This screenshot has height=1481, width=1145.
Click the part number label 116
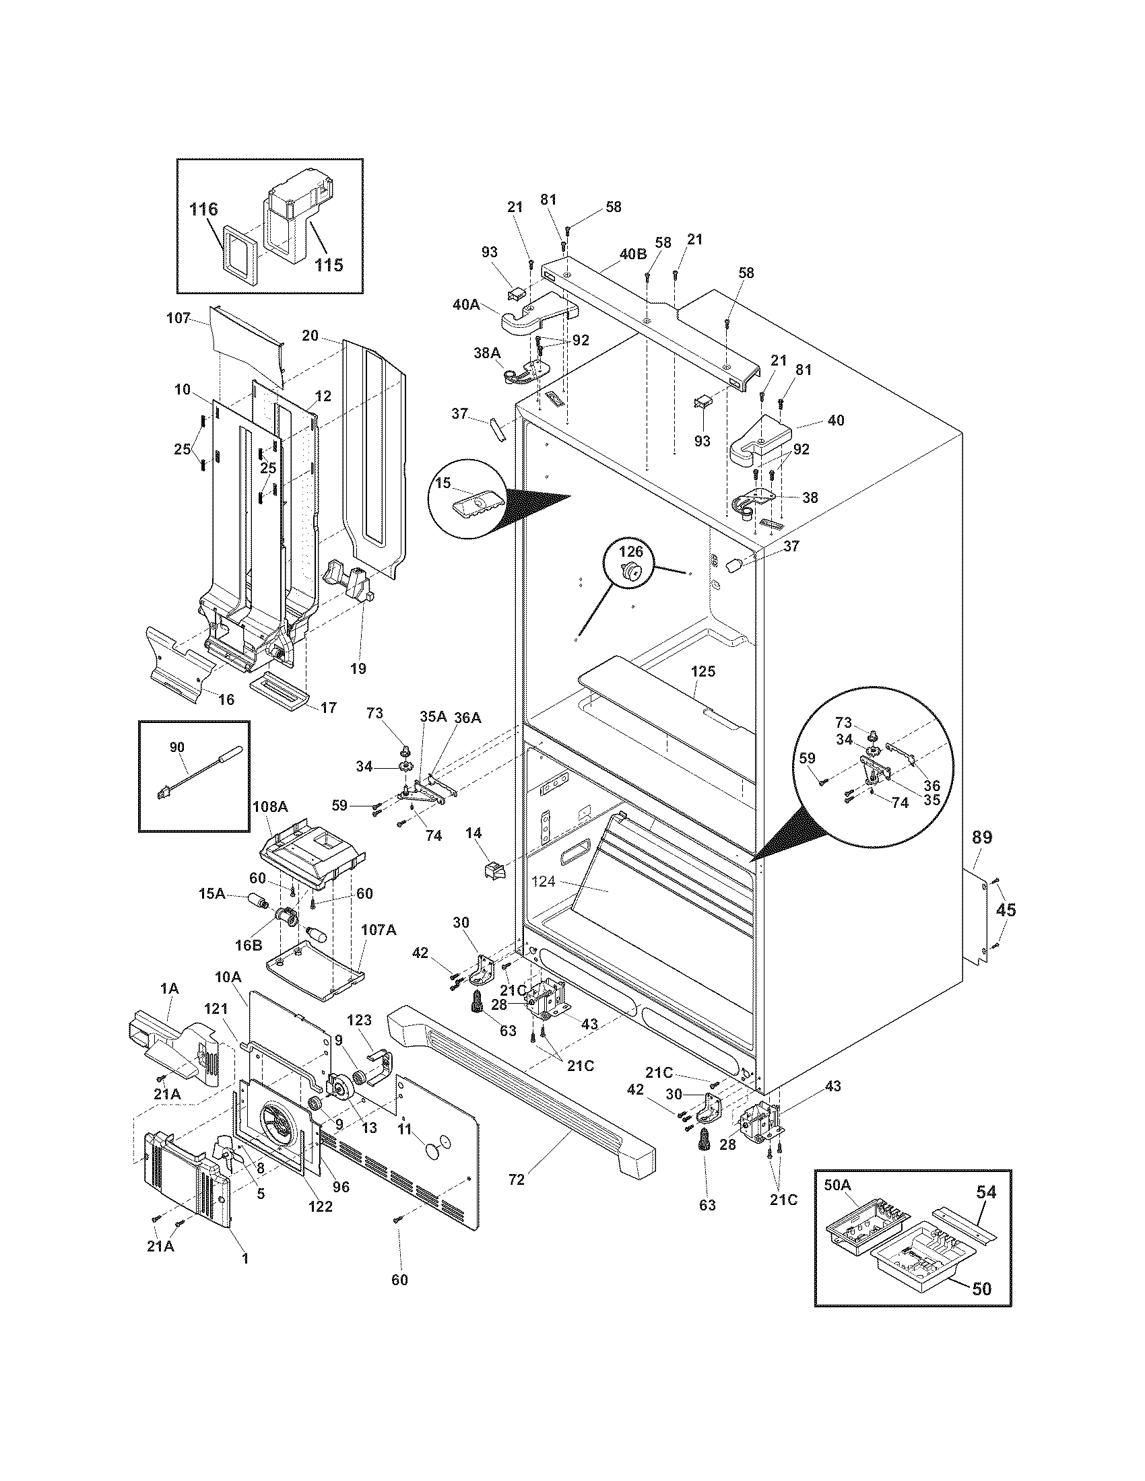click(x=203, y=209)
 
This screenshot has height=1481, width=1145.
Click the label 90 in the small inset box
click(x=176, y=747)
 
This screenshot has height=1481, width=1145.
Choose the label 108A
click(x=270, y=807)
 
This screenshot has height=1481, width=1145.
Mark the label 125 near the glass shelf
click(x=702, y=671)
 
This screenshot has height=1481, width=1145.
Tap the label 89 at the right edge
click(x=981, y=837)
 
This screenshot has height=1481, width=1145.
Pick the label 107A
click(x=378, y=930)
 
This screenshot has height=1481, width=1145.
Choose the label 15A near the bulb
click(x=211, y=895)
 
